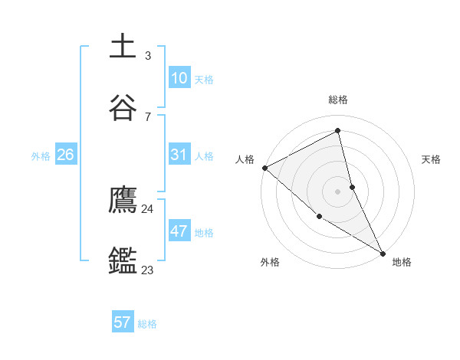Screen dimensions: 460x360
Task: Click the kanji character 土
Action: (x=123, y=46)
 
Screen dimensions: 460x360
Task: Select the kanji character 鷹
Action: (x=123, y=201)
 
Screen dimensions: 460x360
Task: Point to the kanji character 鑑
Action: (x=123, y=260)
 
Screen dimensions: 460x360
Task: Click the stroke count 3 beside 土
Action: (x=147, y=56)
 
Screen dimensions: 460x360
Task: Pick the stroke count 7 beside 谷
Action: (x=147, y=116)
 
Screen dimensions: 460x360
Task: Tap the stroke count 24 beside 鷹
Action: (x=147, y=208)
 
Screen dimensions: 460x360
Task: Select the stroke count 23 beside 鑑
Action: (x=147, y=270)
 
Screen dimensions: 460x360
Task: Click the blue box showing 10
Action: (x=179, y=77)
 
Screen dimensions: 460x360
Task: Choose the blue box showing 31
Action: (x=179, y=155)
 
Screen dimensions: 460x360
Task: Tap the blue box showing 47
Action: (x=179, y=231)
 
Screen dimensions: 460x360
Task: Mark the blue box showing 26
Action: (x=65, y=155)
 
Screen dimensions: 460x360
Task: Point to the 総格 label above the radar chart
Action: (x=338, y=100)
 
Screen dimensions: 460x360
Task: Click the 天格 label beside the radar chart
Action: (x=431, y=159)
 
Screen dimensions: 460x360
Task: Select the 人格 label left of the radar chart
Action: (x=245, y=159)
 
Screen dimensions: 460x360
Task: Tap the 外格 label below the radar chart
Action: (x=270, y=263)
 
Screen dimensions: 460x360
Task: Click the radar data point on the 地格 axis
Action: (x=383, y=253)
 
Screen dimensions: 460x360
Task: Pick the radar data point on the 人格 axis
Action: (x=264, y=168)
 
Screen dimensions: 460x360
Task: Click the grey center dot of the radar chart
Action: (x=337, y=191)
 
